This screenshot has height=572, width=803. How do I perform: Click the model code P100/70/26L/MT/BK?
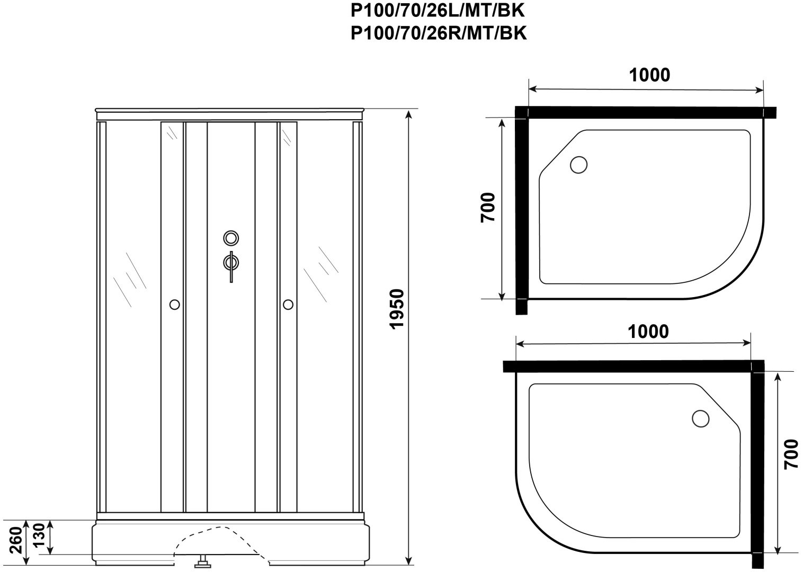coord(438,11)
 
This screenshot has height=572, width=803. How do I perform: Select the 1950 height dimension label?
coord(397,309)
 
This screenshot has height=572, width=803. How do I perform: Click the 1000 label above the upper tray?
coord(649,75)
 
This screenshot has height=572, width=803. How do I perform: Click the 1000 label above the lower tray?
coord(648,332)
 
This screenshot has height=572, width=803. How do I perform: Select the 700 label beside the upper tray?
coord(487,208)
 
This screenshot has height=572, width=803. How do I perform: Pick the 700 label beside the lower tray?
coord(791,454)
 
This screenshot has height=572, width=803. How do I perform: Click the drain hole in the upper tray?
coord(578,165)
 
